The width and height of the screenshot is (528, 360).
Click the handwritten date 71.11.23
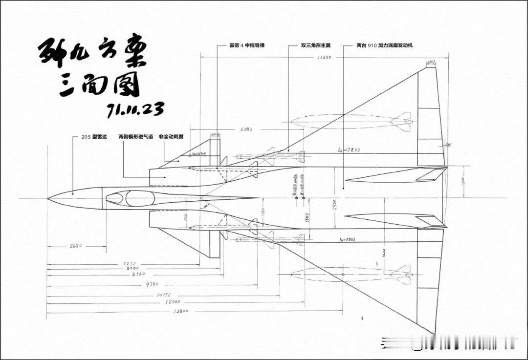(x=135, y=110)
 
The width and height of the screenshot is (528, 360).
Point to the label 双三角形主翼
(x=316, y=45)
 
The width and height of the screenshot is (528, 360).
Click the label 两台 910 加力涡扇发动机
(x=389, y=45)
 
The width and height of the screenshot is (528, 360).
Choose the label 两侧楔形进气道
(x=135, y=137)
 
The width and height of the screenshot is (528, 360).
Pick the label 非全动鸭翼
(x=171, y=137)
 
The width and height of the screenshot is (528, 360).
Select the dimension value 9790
(x=152, y=284)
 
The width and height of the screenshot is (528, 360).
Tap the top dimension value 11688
(x=324, y=58)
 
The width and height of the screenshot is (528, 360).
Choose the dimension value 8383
(x=246, y=130)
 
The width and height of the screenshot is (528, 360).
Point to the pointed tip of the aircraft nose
(x=48, y=198)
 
